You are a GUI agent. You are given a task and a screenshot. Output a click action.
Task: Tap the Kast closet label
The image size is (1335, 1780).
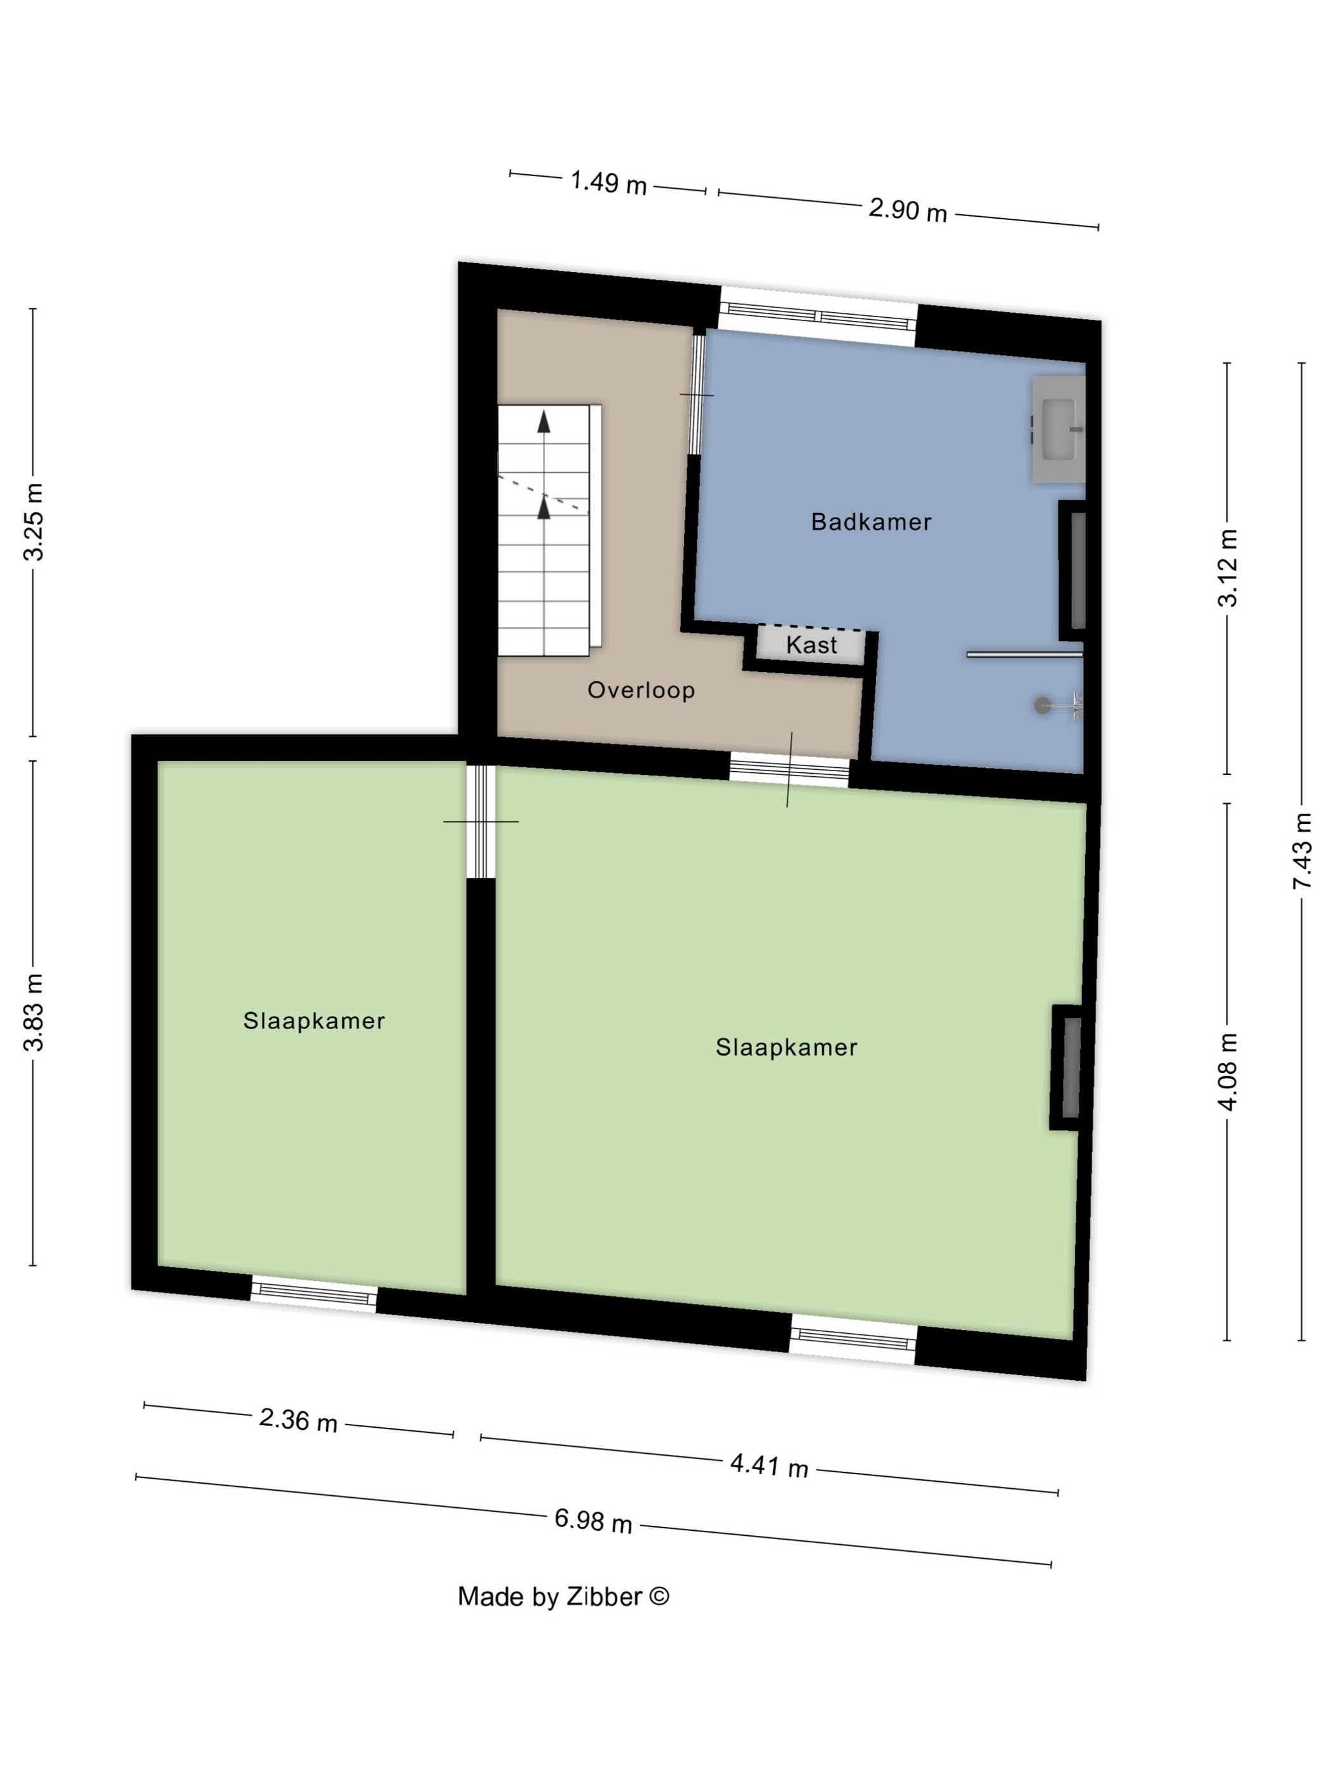pos(811,645)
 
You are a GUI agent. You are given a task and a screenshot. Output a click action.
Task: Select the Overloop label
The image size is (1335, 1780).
pos(641,690)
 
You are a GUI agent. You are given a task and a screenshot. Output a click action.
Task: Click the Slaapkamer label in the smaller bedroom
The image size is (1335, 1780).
pos(314,1020)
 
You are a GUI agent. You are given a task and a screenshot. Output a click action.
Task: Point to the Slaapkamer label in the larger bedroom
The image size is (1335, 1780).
pos(786,1047)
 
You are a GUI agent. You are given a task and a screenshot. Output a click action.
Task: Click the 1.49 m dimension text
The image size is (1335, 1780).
pos(608,182)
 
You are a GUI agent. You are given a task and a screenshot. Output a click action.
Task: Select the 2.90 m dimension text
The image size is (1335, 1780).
pos(908,210)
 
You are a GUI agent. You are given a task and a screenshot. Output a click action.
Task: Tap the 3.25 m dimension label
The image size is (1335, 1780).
pos(34,521)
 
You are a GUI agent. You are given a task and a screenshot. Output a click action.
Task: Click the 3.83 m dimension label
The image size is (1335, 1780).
pos(34,1011)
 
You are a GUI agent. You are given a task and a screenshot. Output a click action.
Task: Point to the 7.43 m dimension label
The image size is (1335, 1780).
pos(1301,851)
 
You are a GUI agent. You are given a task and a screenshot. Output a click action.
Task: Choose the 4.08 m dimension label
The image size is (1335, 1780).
pos(1226,1072)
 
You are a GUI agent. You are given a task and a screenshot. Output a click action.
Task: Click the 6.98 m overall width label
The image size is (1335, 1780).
pos(593,1521)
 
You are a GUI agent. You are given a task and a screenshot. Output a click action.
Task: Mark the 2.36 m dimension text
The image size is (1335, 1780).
pos(298,1420)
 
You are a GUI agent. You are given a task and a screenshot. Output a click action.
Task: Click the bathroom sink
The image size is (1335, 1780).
pos(1058,429)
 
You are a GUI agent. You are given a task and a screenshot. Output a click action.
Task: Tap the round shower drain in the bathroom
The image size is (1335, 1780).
pos(1042,706)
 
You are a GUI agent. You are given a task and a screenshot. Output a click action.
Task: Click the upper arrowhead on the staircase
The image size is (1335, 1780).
pos(544,421)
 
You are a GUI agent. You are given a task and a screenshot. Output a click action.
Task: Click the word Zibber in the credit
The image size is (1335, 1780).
pos(603,1596)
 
